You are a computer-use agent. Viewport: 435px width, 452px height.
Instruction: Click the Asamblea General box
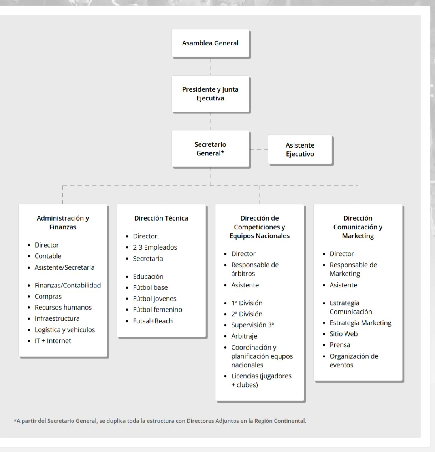click(x=210, y=43)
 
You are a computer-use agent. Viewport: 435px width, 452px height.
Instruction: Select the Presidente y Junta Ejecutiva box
click(x=210, y=94)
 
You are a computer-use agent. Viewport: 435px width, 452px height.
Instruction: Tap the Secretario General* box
click(x=210, y=149)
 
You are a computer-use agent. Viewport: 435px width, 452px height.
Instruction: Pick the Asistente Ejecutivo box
click(x=300, y=150)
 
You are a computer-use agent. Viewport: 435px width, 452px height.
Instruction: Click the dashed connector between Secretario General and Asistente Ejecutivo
click(x=259, y=149)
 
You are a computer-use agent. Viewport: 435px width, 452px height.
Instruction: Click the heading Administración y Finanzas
click(x=63, y=223)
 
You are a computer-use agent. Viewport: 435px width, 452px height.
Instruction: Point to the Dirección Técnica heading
click(x=161, y=218)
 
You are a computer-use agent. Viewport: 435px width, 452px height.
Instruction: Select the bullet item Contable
click(x=48, y=256)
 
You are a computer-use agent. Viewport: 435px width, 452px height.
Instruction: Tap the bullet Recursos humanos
click(x=63, y=307)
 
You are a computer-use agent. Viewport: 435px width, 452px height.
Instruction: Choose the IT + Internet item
click(x=53, y=340)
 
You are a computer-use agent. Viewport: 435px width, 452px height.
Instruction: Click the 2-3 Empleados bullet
click(x=155, y=247)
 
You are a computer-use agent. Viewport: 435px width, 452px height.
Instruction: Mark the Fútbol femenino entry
click(x=157, y=310)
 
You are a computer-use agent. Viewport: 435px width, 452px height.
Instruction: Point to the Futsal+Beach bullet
click(x=153, y=321)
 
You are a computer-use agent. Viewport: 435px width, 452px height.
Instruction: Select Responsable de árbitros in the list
click(x=255, y=269)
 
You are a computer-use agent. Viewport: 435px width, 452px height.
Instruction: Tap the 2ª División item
click(x=247, y=314)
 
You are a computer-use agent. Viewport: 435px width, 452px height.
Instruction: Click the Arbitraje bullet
click(x=244, y=336)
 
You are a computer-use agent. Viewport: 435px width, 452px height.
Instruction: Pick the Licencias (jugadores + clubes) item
click(x=261, y=380)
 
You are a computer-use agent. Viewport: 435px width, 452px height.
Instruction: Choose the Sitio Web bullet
click(x=343, y=334)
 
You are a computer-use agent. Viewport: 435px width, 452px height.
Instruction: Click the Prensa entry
click(x=340, y=345)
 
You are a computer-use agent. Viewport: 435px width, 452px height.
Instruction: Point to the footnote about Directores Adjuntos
click(x=160, y=421)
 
